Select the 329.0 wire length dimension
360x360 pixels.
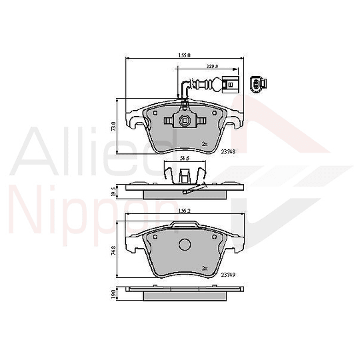click(x=212, y=67)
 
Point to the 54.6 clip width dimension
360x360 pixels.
click(x=186, y=159)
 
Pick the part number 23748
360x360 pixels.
click(x=228, y=151)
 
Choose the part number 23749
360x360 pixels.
click(x=228, y=275)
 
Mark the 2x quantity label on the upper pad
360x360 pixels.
click(x=205, y=143)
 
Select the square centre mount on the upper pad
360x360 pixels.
click(x=183, y=121)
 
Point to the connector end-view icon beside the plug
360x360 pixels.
click(x=257, y=84)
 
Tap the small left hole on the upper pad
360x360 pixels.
click(x=155, y=114)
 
